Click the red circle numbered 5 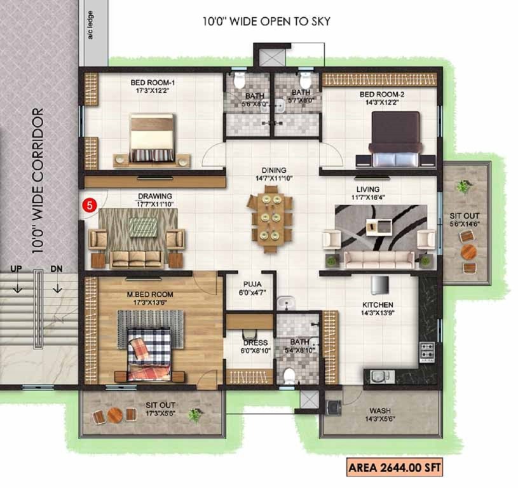pyautogui.click(x=90, y=205)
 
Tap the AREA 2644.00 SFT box pyautogui.click(x=393, y=469)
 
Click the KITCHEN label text pyautogui.click(x=378, y=305)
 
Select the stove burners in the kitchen pyautogui.click(x=426, y=349)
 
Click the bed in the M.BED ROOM pyautogui.click(x=150, y=353)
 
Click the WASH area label pyautogui.click(x=379, y=410)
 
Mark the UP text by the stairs pyautogui.click(x=16, y=269)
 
